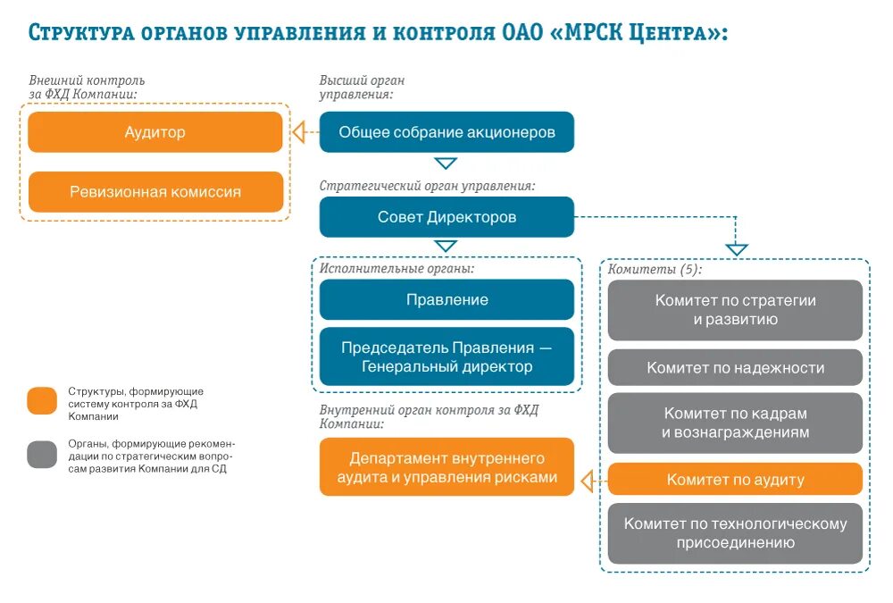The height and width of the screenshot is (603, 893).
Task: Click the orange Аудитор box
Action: (155, 132)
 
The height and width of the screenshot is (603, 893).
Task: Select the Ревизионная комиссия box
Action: (155, 191)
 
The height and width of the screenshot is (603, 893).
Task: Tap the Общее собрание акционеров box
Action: (446, 132)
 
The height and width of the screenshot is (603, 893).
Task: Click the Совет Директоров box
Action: (446, 217)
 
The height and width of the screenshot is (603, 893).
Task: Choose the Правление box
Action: (446, 299)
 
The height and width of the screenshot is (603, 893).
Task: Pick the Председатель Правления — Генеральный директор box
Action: (446, 356)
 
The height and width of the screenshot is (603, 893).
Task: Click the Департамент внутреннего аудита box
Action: (446, 467)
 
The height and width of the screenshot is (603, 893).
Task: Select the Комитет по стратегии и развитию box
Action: (735, 310)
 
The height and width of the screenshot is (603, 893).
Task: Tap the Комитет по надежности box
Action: (735, 367)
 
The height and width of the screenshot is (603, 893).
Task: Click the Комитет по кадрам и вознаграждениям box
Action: (735, 423)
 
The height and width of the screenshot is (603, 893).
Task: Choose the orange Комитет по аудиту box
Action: (735, 480)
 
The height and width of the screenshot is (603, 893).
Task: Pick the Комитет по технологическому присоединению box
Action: (735, 533)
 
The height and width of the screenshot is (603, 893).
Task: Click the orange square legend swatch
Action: (42, 401)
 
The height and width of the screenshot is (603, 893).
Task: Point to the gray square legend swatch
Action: (42, 455)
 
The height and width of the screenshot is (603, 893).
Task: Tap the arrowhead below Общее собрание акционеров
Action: (446, 163)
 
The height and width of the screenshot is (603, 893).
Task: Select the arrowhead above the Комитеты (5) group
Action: (736, 249)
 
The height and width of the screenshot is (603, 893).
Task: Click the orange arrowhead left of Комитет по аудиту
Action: (587, 482)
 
